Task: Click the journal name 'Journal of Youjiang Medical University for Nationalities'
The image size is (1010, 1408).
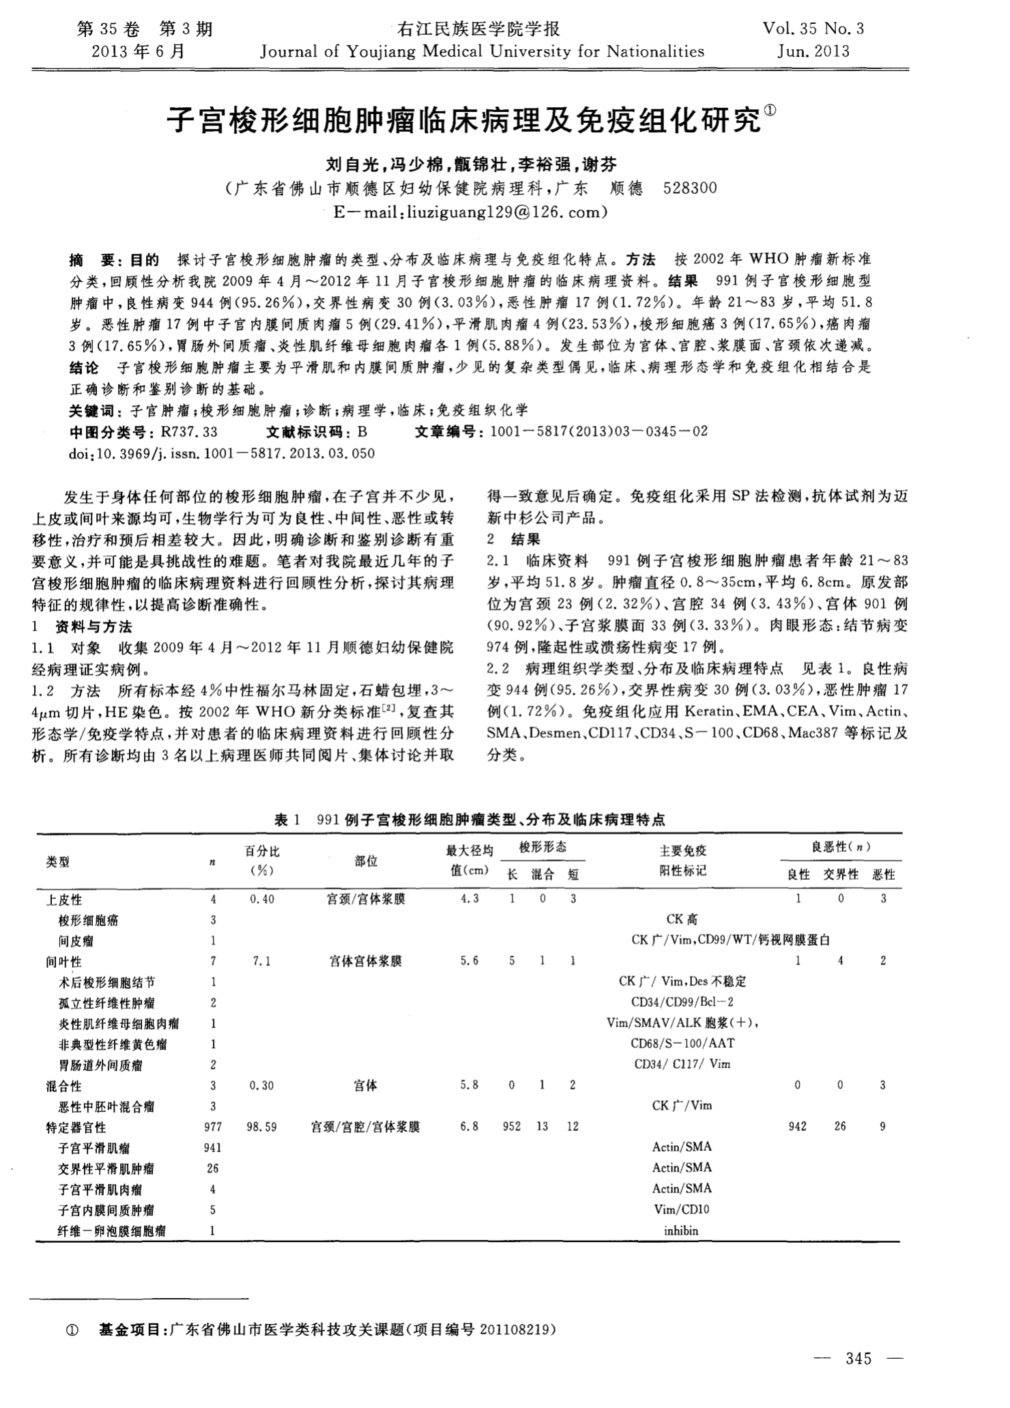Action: point(482,51)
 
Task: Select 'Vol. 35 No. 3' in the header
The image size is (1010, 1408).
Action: point(813,29)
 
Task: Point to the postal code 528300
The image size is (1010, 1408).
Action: point(690,189)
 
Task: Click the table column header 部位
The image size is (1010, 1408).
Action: point(366,861)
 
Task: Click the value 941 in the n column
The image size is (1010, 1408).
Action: point(213,1148)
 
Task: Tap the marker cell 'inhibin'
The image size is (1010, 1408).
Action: point(681,1231)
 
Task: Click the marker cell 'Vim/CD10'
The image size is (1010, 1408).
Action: point(681,1210)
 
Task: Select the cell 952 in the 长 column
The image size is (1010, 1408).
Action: point(512,1127)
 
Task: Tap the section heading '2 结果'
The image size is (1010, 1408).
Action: point(514,539)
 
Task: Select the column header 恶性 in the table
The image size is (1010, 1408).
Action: point(883,875)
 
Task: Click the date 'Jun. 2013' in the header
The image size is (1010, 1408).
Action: point(813,51)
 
